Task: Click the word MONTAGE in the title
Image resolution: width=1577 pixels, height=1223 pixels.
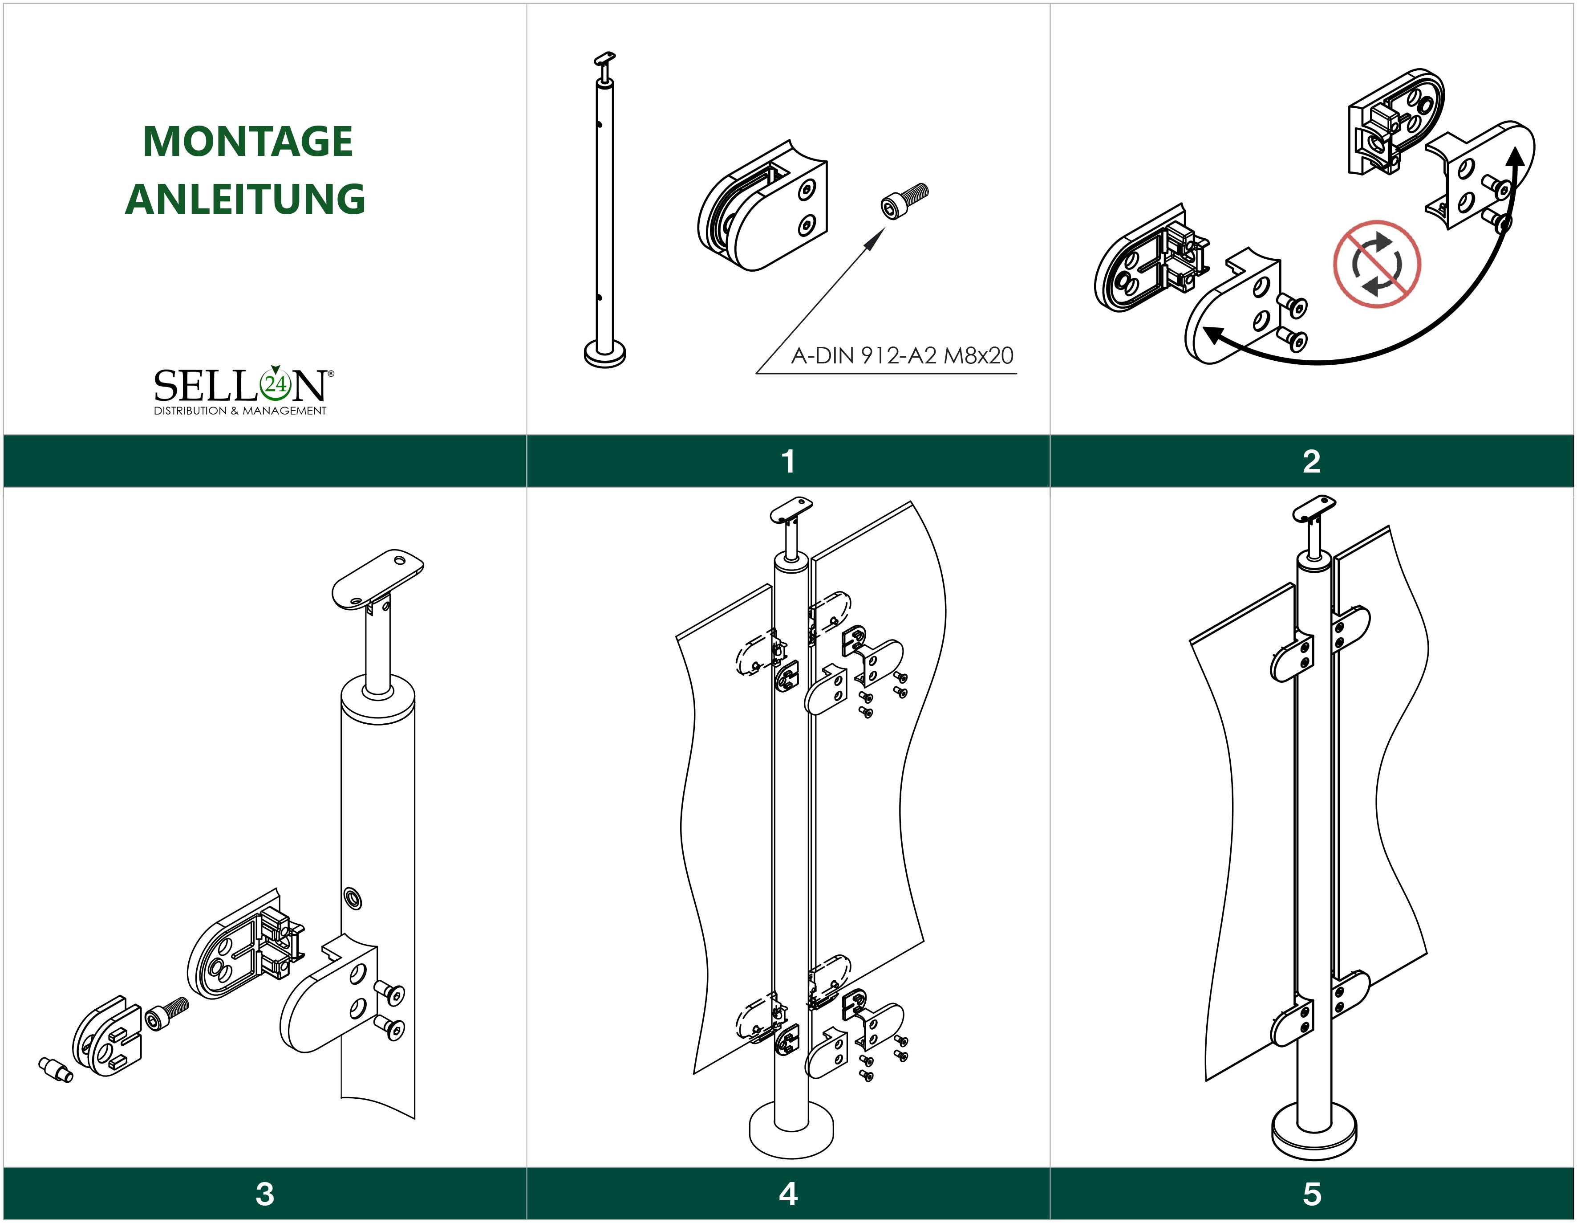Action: point(247,142)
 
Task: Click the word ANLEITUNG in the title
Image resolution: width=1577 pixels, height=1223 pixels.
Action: point(246,200)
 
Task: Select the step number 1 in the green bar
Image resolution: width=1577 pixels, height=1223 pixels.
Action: point(788,461)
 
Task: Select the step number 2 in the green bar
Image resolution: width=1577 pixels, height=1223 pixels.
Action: point(1311,461)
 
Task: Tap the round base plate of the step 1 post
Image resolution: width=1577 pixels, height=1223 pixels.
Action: point(604,354)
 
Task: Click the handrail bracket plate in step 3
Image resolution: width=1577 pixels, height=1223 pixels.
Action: point(377,579)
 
